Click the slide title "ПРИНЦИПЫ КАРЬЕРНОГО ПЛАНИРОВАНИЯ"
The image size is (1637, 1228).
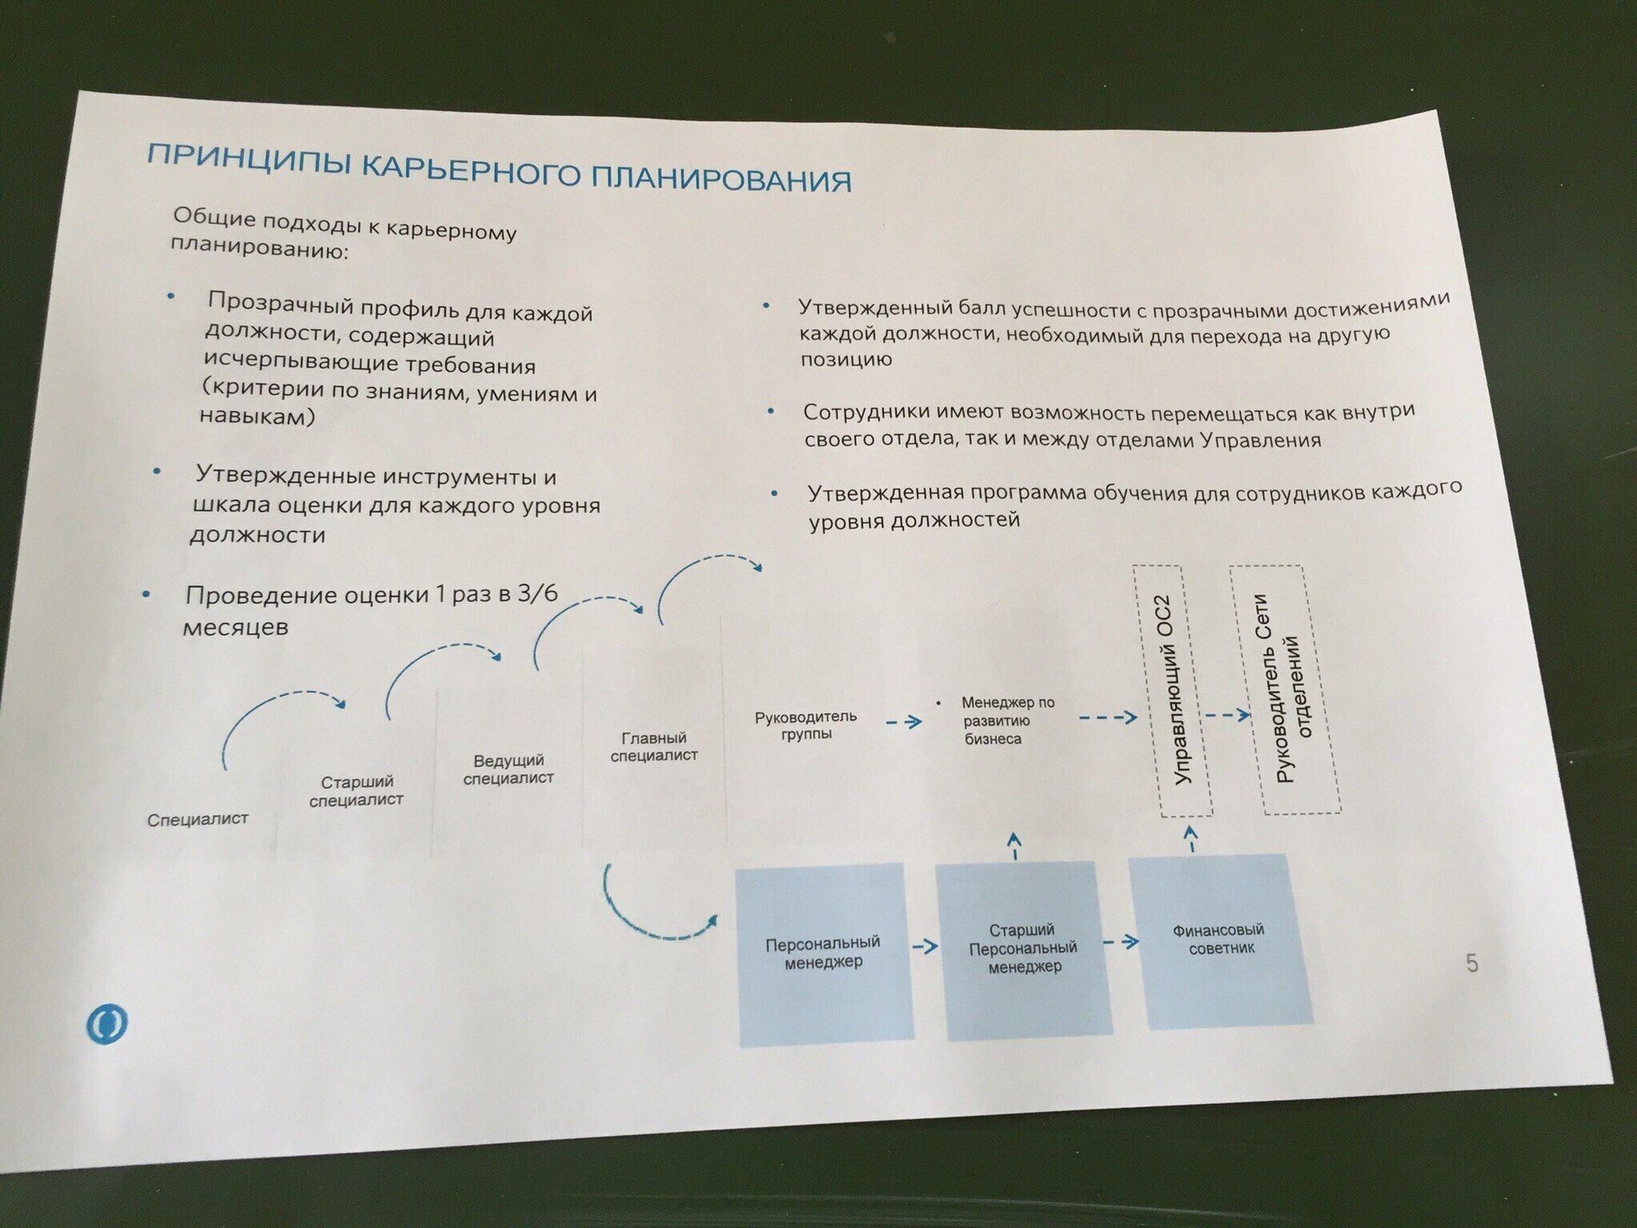point(499,167)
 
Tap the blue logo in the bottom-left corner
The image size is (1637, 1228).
point(107,1022)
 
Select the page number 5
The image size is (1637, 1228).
point(1472,964)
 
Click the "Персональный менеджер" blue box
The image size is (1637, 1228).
point(823,953)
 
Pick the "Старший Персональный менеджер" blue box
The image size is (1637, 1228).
point(1023,947)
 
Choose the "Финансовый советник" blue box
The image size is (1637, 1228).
point(1219,938)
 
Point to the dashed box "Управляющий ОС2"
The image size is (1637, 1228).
point(1185,691)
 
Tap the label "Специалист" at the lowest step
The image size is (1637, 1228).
point(198,820)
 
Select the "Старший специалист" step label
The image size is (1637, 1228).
point(356,791)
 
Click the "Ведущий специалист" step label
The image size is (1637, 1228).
point(508,769)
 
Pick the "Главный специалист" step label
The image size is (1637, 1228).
point(654,746)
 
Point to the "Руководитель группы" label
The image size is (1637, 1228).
point(806,725)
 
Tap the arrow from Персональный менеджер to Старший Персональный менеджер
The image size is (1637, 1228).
point(924,946)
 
